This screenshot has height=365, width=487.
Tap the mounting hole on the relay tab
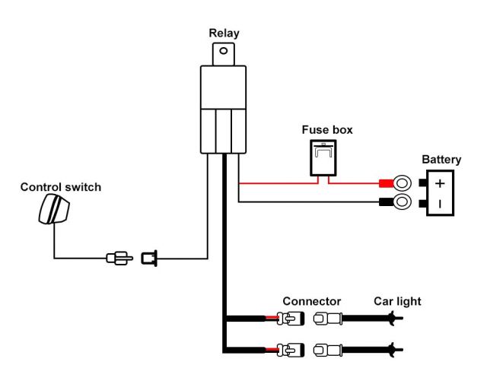click(222, 52)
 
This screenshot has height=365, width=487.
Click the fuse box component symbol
click(326, 158)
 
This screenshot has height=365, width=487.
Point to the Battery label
click(441, 160)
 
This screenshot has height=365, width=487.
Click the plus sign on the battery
click(441, 184)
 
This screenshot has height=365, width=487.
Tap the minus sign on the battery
click(441, 204)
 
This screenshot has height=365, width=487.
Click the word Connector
click(311, 302)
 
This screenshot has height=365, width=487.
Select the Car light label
click(396, 302)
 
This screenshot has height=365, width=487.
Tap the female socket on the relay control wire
click(148, 259)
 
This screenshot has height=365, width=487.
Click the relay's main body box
click(222, 106)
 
